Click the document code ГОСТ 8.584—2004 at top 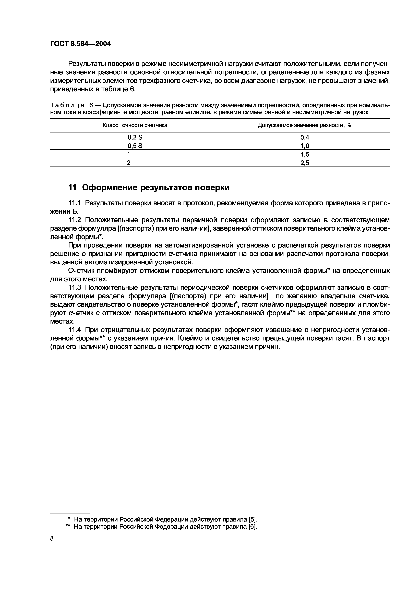coord(80,44)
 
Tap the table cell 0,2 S coord(135,137)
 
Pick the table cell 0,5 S coord(135,146)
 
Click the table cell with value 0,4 coord(305,137)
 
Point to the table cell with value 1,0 coord(305,146)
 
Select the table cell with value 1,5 coord(305,154)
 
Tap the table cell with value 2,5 coord(305,163)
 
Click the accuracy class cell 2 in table coord(129,163)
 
